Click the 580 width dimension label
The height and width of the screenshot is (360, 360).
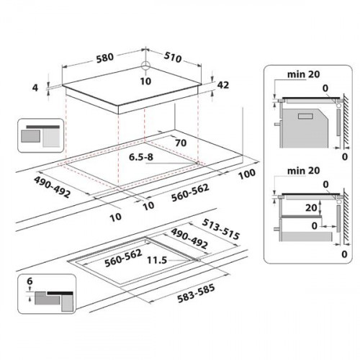point(105,58)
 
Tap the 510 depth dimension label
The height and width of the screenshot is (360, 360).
point(173,58)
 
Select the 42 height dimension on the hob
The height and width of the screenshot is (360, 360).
point(223,85)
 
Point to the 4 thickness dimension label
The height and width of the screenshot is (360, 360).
point(35,88)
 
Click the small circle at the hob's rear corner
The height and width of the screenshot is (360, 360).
point(145,65)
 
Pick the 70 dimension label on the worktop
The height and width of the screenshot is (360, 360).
point(181,143)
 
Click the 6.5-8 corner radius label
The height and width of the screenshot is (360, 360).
point(141,157)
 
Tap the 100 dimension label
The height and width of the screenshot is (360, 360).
point(247,174)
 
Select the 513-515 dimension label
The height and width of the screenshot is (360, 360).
point(221,229)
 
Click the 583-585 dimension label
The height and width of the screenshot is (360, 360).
point(196,293)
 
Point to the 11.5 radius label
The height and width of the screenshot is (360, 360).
point(157,260)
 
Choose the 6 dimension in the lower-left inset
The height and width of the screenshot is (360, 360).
point(30,281)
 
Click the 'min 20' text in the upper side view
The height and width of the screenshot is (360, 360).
point(304,74)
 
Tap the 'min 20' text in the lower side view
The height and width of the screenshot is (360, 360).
point(304,171)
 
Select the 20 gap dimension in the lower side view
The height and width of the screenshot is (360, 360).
point(311,208)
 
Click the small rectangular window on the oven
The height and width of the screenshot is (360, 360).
point(305,116)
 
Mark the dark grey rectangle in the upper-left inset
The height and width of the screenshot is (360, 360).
point(30,136)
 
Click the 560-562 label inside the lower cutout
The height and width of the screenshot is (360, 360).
point(123,258)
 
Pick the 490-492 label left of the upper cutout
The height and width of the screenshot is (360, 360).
point(52,187)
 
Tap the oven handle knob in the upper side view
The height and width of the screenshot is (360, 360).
point(277,124)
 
